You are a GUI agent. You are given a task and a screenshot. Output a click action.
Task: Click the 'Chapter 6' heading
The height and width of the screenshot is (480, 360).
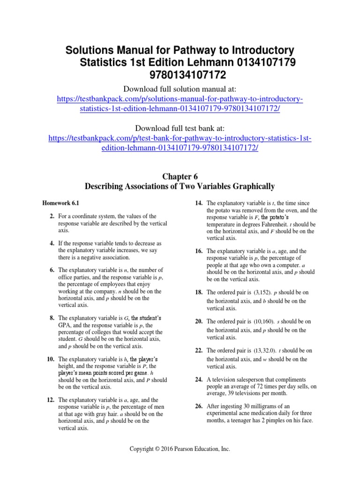point(180,176)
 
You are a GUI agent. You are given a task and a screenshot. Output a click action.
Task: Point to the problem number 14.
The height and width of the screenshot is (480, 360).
point(198,203)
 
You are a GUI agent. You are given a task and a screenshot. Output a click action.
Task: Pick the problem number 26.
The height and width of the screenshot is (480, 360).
point(198,406)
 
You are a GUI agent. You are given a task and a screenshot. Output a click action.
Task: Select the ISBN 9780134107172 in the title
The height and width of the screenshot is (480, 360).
point(180,75)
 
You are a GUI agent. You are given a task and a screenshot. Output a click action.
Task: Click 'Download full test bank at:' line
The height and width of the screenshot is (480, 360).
point(180,128)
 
